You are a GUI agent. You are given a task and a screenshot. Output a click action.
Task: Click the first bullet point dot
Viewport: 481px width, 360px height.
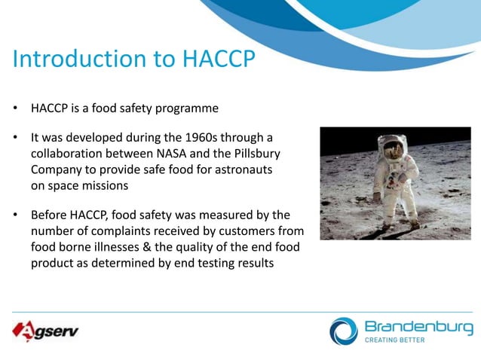[14, 108]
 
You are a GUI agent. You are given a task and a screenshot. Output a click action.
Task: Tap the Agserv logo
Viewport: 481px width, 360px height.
[45, 331]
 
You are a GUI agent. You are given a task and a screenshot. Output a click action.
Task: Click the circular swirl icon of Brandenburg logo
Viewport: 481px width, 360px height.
[344, 331]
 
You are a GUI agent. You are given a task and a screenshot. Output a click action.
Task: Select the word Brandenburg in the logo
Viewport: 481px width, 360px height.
[418, 326]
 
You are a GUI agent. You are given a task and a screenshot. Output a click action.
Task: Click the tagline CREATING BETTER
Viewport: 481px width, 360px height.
[394, 340]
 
